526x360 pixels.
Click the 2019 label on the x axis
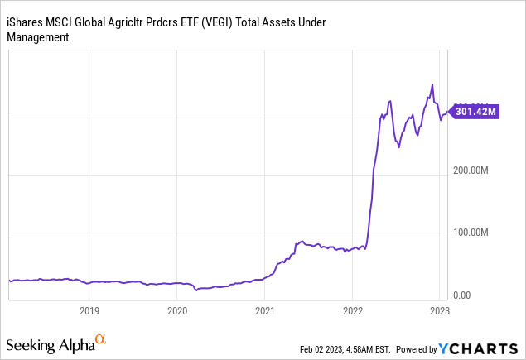(x=89, y=311)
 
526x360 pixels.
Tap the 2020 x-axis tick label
(x=176, y=311)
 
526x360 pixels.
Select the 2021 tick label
(x=264, y=311)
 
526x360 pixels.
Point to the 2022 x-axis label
(x=352, y=311)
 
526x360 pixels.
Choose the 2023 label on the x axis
(x=439, y=311)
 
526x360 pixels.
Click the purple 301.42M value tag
(x=477, y=110)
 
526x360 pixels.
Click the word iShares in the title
(x=27, y=22)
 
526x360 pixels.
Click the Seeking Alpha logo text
(x=50, y=343)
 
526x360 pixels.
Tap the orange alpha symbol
(x=101, y=339)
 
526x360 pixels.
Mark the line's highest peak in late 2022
(x=432, y=84)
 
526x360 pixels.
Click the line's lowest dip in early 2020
(x=197, y=290)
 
